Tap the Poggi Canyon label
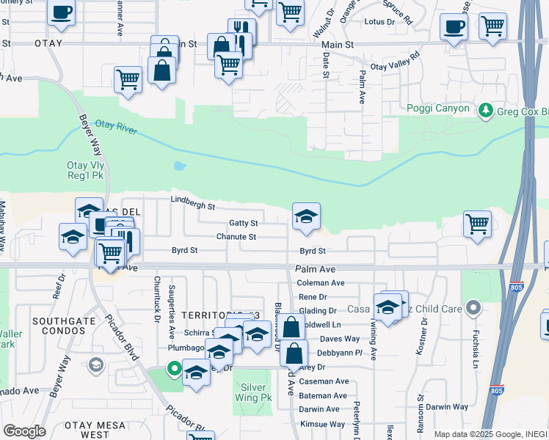(438, 109)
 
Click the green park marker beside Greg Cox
(484, 111)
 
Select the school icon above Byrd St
(306, 216)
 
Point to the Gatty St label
(243, 223)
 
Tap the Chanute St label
(236, 237)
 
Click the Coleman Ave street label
(320, 283)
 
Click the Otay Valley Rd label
(395, 61)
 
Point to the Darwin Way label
(447, 406)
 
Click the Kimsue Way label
(321, 424)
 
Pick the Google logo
(24, 430)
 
